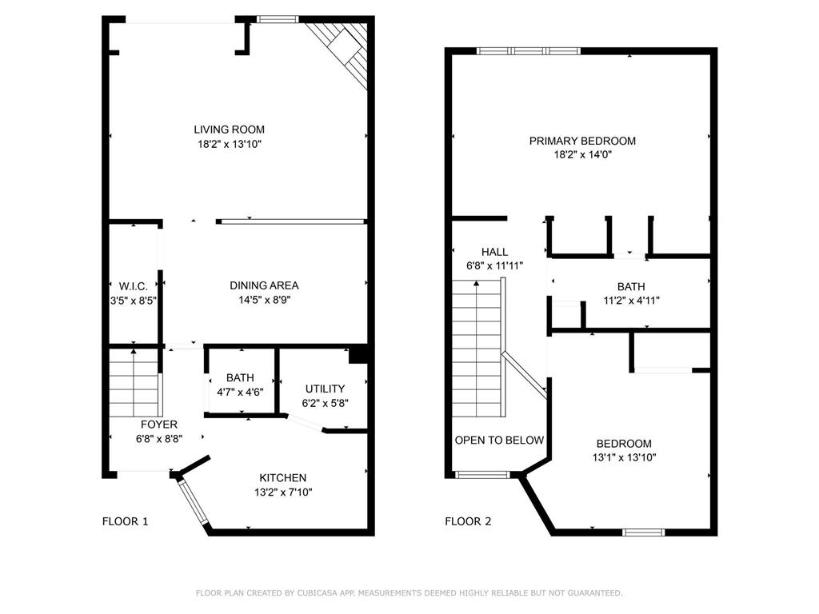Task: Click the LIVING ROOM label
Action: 229,130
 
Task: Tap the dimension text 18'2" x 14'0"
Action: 582,155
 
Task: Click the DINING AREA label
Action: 264,285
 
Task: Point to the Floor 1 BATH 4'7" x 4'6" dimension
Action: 240,392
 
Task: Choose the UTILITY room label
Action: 325,389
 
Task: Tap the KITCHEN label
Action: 276,478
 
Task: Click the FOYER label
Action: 159,425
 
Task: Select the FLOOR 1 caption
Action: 125,521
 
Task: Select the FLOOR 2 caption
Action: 468,521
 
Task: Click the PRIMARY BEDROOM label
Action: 582,142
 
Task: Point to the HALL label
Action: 494,252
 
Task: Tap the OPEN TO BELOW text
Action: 499,441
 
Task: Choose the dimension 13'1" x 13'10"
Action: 624,457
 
